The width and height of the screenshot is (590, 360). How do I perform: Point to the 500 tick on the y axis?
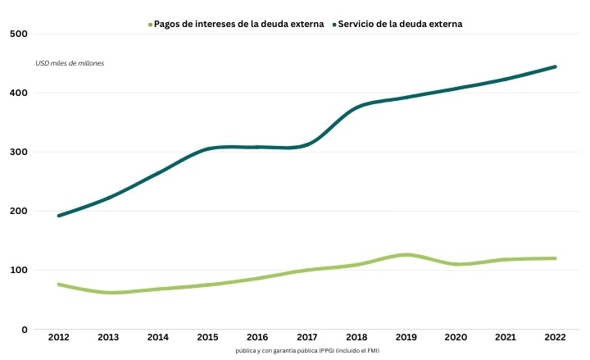pos(18,34)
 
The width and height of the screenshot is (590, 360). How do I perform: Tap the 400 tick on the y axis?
pos(18,93)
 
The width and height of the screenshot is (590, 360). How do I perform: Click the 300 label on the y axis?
pos(18,153)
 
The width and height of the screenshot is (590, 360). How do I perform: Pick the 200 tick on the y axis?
pos(18,212)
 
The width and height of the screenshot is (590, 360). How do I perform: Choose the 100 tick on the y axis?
pos(18,271)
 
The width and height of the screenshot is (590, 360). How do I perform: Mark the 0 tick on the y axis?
pos(25,330)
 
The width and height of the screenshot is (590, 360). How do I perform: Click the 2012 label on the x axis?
pos(59,338)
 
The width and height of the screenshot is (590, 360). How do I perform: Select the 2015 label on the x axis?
pos(208,338)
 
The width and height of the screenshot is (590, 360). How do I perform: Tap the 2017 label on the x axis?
pos(307,338)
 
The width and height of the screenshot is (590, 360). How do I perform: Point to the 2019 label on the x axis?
pos(406,338)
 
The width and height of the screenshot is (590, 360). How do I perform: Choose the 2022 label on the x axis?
pos(556,338)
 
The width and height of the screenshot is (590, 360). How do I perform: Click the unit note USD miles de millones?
pos(70,63)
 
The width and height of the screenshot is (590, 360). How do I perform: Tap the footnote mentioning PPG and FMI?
pos(307,351)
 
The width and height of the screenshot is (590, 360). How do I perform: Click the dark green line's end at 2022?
pos(556,66)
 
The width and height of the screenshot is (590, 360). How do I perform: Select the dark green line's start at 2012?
pos(59,216)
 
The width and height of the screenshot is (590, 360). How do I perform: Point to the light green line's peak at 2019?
pos(406,255)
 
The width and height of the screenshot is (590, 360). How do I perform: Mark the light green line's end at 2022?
pos(556,258)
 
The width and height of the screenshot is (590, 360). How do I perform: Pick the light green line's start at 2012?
pos(59,285)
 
